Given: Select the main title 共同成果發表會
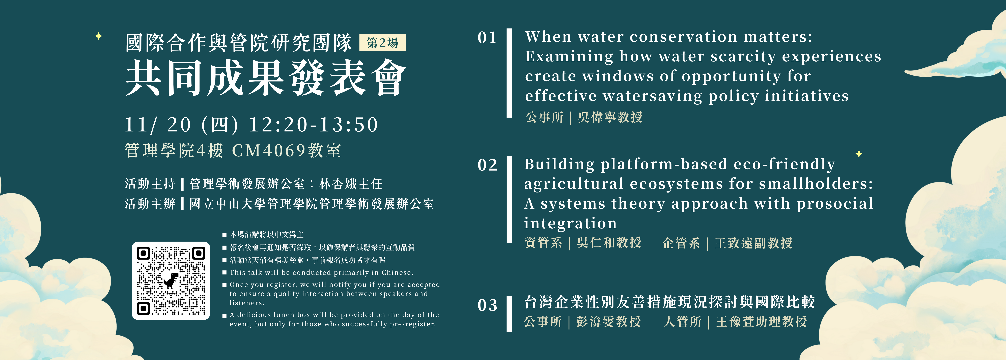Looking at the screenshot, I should point(266,78).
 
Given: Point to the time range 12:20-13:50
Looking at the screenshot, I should point(313,125).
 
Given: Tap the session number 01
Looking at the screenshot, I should point(487,38).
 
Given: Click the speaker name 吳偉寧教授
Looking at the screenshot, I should point(610,117).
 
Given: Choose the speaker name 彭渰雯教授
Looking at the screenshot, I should point(608,322).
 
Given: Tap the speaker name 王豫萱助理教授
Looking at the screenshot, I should point(762,322).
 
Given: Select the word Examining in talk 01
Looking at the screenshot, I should point(569,57).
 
